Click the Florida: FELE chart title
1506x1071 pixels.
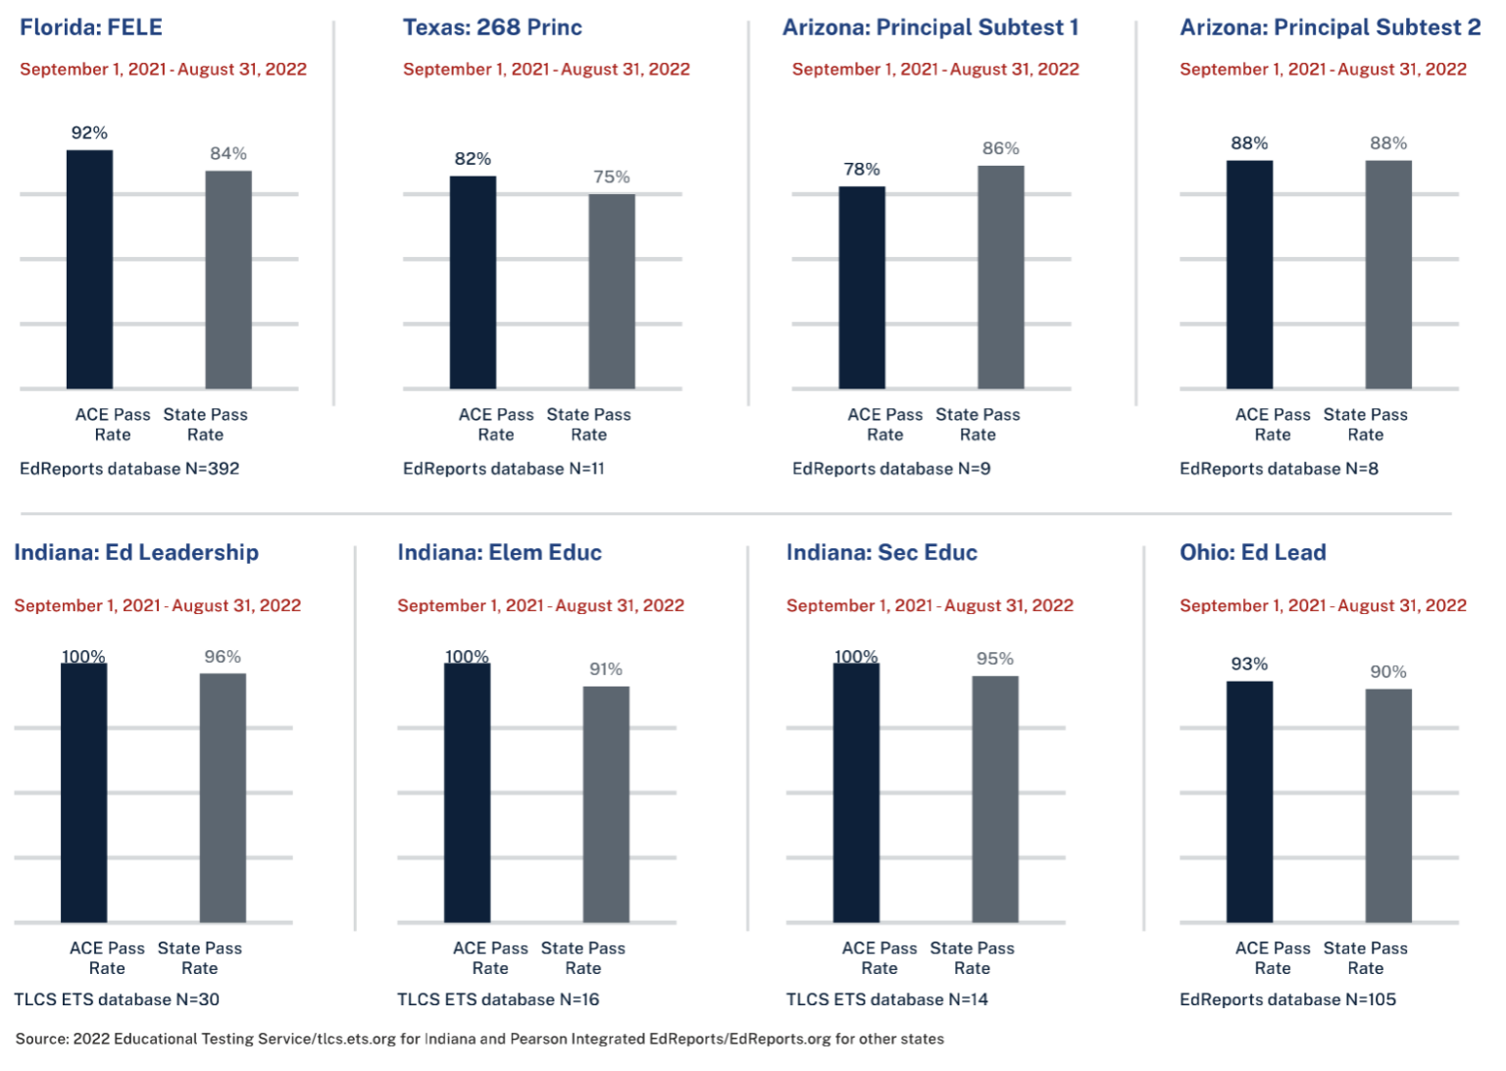coord(91,27)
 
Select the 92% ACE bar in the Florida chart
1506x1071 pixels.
coord(89,270)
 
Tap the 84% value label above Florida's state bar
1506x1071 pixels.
coord(228,154)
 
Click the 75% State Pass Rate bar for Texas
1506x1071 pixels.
coord(612,291)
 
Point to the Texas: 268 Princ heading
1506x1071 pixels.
coord(492,27)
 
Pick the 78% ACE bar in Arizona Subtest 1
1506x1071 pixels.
coord(862,287)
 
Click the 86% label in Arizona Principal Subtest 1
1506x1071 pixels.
coord(1001,149)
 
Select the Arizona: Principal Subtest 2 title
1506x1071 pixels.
coord(1330,27)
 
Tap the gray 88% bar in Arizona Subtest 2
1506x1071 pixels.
coord(1388,275)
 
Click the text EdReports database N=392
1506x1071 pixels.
coord(129,469)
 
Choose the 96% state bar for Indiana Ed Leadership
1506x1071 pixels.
coord(223,797)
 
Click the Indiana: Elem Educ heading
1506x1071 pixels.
coord(499,553)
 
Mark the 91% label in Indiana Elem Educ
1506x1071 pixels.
coord(606,670)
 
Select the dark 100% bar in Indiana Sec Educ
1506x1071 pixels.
coord(856,792)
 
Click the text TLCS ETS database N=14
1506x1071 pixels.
coord(886,999)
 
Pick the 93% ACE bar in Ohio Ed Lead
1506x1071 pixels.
coord(1249,801)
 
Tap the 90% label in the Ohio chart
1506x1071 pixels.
coord(1388,673)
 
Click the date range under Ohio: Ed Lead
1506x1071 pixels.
coord(1323,606)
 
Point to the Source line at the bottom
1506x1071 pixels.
coord(479,1039)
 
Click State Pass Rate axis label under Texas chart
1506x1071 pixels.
coord(588,425)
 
